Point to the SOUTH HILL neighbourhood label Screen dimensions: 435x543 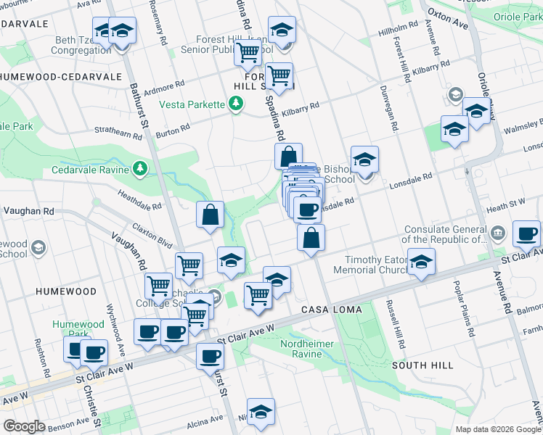423,365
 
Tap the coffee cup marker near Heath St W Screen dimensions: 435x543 526,234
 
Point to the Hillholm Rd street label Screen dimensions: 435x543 399,29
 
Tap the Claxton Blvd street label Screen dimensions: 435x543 153,235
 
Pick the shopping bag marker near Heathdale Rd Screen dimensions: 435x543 210,215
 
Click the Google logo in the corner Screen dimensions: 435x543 24,426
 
